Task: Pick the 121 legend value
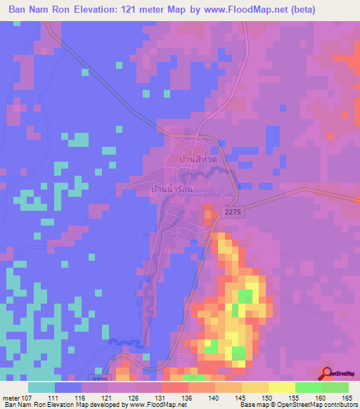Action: (x=108, y=397)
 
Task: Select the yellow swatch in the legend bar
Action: (x=282, y=387)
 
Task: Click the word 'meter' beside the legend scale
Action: (x=11, y=397)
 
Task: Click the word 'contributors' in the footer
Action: (x=340, y=405)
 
